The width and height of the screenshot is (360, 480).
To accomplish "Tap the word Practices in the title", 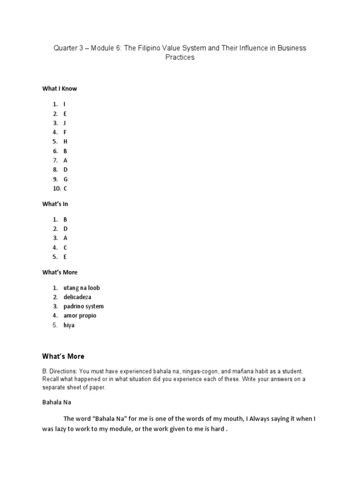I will click(x=180, y=58).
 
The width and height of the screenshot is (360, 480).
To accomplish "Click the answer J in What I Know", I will click(x=65, y=123).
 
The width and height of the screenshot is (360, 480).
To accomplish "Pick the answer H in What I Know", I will click(x=66, y=142).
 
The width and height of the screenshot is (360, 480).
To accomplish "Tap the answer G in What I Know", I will click(x=66, y=179).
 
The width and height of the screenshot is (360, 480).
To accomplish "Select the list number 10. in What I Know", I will click(x=57, y=188).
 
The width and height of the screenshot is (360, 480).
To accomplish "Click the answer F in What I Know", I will click(x=65, y=132).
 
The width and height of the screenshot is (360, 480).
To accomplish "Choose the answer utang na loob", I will click(x=82, y=288).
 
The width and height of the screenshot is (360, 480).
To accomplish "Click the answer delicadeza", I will click(x=77, y=297).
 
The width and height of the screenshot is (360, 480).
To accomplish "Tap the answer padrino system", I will click(x=83, y=307).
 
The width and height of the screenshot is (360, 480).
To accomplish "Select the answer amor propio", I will click(x=80, y=316).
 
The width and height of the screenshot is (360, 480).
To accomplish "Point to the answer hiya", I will click(x=69, y=325).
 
